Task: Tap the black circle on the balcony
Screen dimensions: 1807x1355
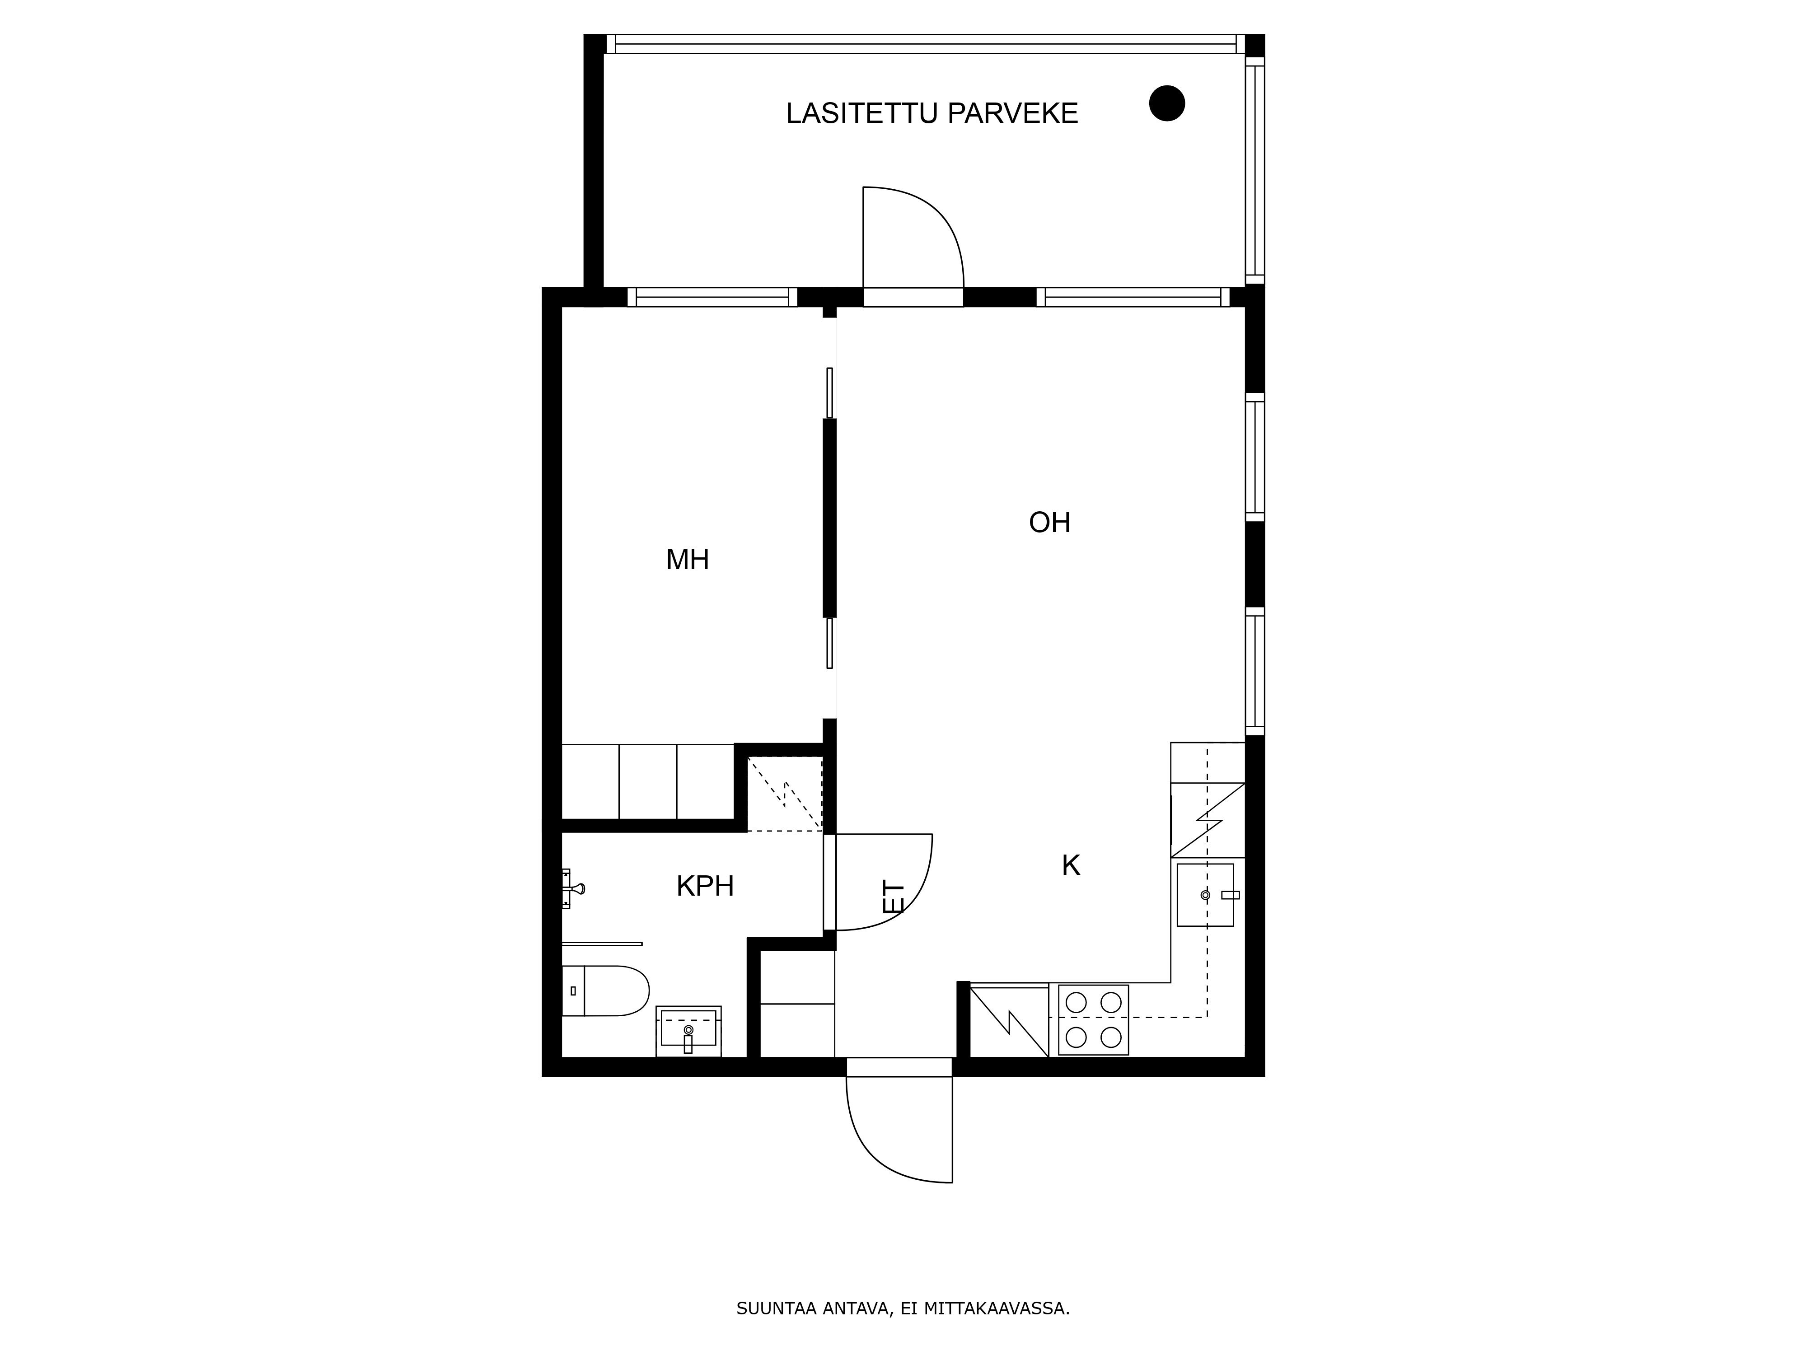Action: (x=1166, y=104)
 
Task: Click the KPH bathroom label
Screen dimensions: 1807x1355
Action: (x=705, y=886)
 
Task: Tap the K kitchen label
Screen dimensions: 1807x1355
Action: (x=1071, y=865)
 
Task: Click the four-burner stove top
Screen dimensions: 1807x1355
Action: (x=1093, y=1019)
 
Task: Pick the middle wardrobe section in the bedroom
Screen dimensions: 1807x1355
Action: (x=648, y=782)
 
